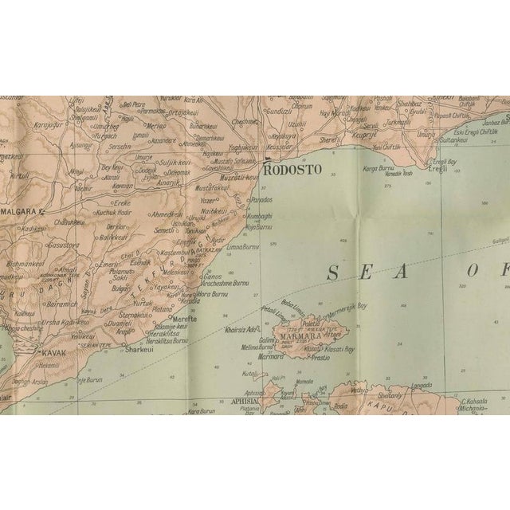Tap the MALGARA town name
tap(22, 210)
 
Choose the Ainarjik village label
tap(169, 182)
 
